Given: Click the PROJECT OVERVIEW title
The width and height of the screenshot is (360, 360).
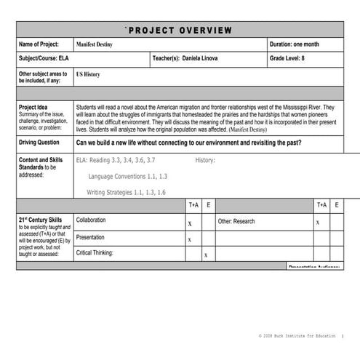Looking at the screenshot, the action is [x=179, y=30].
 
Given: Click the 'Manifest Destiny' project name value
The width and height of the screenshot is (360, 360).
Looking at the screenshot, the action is [x=95, y=45].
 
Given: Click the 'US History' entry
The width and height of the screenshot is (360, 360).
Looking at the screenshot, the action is [x=88, y=74].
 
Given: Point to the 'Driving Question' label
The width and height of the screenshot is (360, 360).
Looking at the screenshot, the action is [x=39, y=143].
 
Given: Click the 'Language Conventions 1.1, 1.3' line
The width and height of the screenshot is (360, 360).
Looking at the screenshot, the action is [x=128, y=176].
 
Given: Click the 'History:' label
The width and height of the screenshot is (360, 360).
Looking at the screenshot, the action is [x=205, y=160].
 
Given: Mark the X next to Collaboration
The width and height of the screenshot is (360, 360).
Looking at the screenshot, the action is [x=190, y=223].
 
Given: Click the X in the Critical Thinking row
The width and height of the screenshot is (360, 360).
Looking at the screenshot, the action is [x=206, y=255].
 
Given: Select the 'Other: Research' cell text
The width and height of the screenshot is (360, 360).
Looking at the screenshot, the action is [x=236, y=220].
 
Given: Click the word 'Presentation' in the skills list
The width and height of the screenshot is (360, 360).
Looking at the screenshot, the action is [x=90, y=236].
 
